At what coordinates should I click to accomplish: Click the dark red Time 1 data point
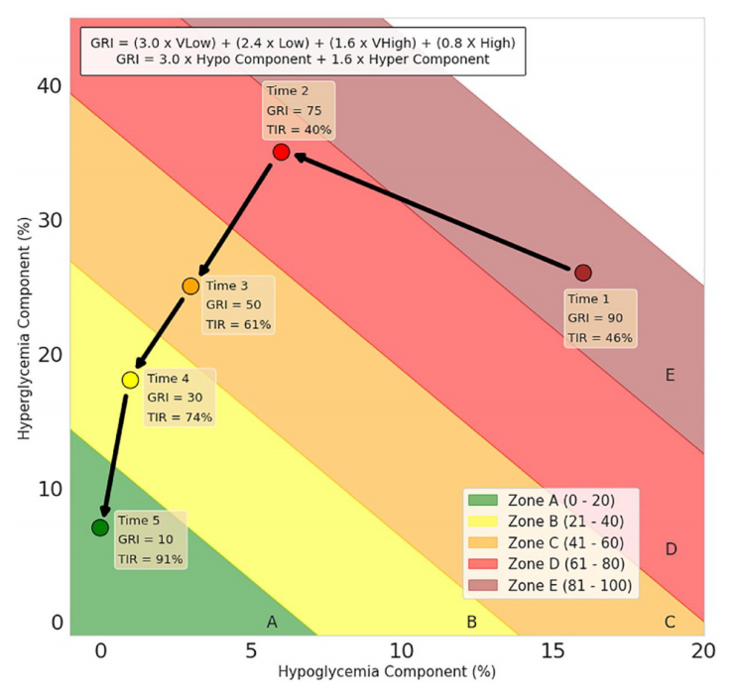(583, 273)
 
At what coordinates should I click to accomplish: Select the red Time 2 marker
(281, 152)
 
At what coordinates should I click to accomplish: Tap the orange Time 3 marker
(190, 286)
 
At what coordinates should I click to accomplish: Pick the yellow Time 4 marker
(130, 380)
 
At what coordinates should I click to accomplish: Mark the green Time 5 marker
(100, 527)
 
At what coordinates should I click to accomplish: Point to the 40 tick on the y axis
(52, 86)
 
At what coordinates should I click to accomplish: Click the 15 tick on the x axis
(553, 650)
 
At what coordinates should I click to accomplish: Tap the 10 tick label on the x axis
(401, 650)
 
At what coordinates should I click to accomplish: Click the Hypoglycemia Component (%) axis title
(387, 672)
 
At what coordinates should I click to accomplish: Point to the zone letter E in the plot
(671, 375)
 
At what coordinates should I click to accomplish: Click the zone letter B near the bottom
(471, 623)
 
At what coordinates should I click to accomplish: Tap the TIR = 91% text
(151, 559)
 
